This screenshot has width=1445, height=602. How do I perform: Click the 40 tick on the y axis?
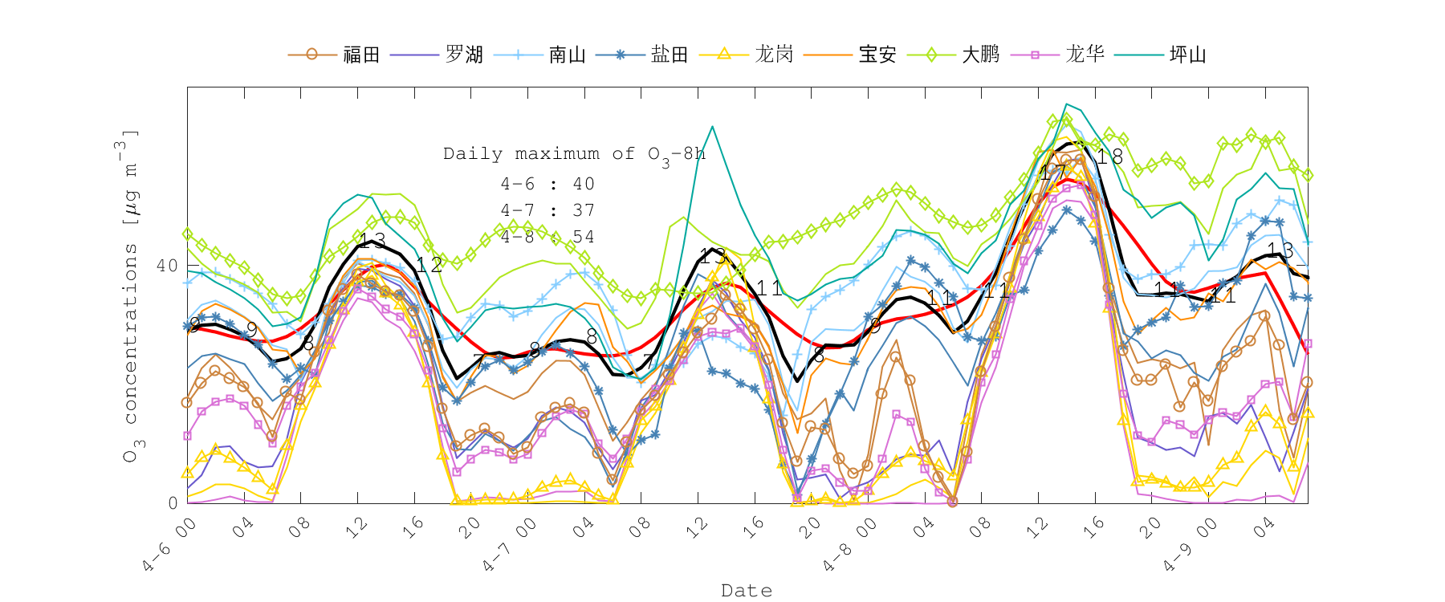click(x=167, y=266)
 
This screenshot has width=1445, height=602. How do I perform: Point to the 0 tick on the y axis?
click(x=173, y=503)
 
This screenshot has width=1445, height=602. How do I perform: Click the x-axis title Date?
click(x=747, y=591)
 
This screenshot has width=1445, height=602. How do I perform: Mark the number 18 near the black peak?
click(x=1109, y=157)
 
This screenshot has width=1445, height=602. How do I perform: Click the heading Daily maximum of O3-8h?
click(x=574, y=154)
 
